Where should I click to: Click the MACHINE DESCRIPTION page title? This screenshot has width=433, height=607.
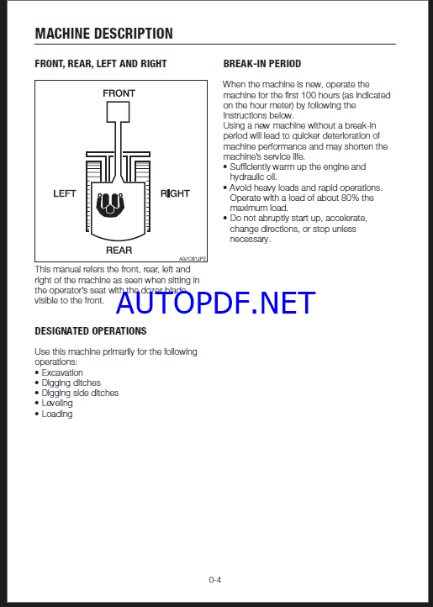[103, 34]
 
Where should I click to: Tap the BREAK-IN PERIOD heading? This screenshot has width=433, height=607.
[262, 64]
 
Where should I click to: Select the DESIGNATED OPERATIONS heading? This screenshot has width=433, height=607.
[91, 331]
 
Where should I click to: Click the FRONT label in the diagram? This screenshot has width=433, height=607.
[119, 93]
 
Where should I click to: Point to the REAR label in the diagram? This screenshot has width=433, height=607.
[119, 250]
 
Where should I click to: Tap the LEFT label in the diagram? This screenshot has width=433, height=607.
[65, 193]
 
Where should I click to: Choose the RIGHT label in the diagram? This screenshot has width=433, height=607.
[175, 193]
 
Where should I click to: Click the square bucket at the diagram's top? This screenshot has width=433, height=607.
[118, 112]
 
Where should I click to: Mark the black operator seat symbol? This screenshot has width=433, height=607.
[111, 204]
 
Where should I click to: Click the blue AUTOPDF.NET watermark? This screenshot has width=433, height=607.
[216, 303]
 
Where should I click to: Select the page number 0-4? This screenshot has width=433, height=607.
[215, 579]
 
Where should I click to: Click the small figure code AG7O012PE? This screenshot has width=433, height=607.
[193, 259]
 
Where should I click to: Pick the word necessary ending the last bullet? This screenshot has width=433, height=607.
[249, 240]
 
